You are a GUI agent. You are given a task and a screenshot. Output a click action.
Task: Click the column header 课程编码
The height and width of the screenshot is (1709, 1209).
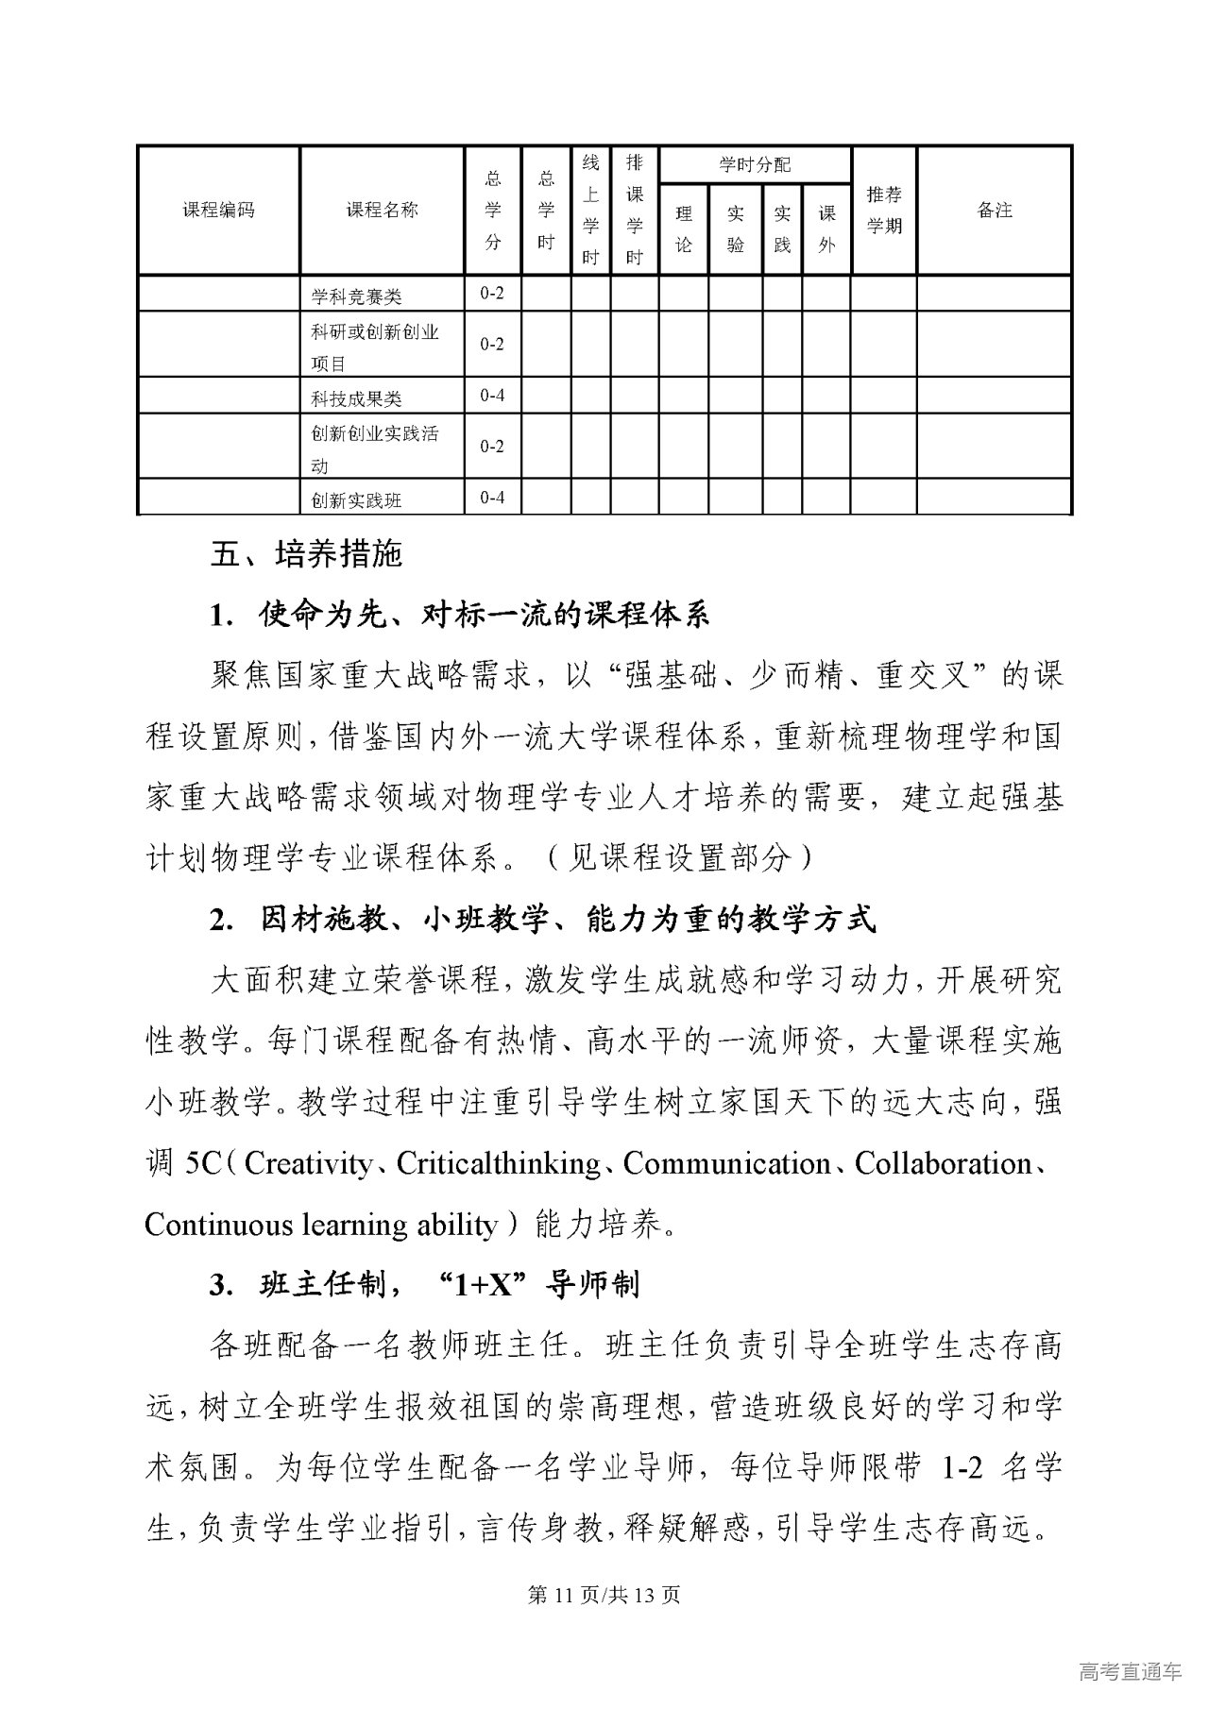click(218, 211)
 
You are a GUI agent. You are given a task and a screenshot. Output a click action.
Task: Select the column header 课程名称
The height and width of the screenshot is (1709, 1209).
click(382, 211)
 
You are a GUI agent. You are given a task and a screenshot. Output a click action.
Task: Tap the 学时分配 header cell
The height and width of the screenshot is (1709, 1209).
click(755, 165)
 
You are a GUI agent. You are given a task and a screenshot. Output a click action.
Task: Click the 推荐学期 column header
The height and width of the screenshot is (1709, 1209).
click(884, 211)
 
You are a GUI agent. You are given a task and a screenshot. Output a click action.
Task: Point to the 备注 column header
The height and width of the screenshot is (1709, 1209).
click(994, 211)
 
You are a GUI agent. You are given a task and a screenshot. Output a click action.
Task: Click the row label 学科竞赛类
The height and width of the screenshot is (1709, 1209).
click(357, 296)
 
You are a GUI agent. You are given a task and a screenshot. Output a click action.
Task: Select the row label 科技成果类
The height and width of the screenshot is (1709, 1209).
click(357, 398)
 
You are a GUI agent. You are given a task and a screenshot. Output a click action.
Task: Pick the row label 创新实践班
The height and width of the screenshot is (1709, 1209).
click(357, 499)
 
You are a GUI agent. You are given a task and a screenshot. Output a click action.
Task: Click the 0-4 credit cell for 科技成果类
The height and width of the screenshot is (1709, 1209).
click(492, 396)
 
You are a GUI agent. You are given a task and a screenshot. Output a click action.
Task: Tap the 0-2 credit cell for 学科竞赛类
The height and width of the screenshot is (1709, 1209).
click(492, 294)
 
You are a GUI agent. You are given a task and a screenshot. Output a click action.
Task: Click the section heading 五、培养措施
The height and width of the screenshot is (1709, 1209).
click(306, 553)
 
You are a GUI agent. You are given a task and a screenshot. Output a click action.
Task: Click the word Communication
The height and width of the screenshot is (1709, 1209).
click(727, 1164)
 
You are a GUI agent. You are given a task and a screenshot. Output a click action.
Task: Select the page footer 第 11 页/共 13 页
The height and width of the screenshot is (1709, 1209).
click(604, 1595)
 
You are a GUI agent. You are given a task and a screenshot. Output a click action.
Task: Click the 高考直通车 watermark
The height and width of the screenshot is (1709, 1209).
click(1130, 1672)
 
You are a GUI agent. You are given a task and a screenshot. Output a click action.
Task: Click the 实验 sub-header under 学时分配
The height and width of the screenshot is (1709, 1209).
click(735, 229)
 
